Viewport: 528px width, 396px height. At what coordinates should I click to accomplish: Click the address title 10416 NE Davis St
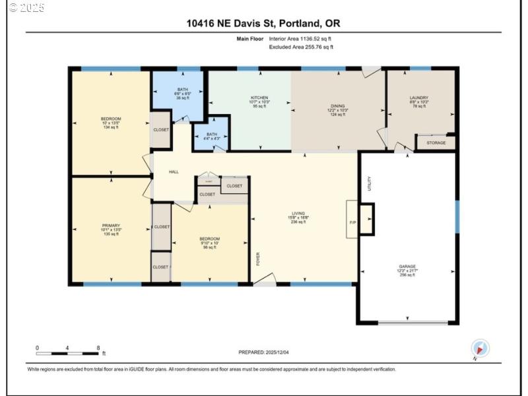(x=263, y=24)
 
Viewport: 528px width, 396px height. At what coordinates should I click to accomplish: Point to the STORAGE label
(x=436, y=143)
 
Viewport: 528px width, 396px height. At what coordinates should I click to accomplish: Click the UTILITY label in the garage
(x=370, y=182)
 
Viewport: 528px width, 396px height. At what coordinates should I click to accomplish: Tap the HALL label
(x=174, y=172)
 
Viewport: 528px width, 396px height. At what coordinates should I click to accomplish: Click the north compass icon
(x=480, y=348)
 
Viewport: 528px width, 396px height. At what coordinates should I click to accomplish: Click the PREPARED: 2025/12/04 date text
(x=263, y=352)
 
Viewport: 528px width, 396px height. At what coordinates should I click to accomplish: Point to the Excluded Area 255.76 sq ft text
(x=301, y=47)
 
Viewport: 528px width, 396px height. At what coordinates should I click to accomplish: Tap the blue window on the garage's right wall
(x=457, y=216)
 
